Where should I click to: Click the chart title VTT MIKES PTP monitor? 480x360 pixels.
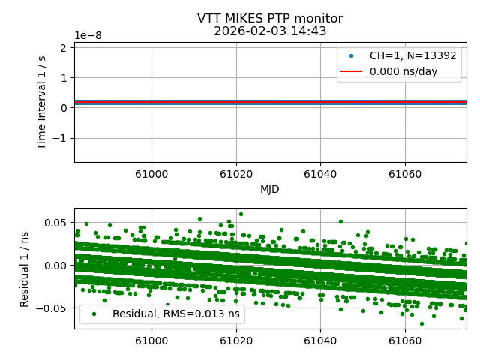pyautogui.click(x=270, y=19)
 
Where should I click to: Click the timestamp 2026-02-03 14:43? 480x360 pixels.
pyautogui.click(x=270, y=31)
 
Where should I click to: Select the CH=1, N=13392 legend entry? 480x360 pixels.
pyautogui.click(x=409, y=56)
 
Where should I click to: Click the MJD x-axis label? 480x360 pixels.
pyautogui.click(x=270, y=189)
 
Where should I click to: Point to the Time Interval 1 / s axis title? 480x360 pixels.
pyautogui.click(x=43, y=102)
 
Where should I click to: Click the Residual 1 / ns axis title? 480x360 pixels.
pyautogui.click(x=25, y=268)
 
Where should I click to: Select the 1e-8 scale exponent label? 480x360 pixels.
pyautogui.click(x=89, y=36)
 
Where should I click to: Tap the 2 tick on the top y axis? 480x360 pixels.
pyautogui.click(x=65, y=47)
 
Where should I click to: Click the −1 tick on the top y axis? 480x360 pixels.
pyautogui.click(x=62, y=138)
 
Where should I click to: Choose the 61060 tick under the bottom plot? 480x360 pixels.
pyautogui.click(x=405, y=340)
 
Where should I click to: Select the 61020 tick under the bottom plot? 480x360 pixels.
pyautogui.click(x=236, y=340)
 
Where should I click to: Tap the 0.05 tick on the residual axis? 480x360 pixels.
pyautogui.click(x=58, y=222)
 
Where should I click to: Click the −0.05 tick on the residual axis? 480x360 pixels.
pyautogui.click(x=55, y=307)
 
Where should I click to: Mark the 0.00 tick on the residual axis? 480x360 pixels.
pyautogui.click(x=58, y=265)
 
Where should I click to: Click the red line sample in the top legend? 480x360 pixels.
pyautogui.click(x=351, y=72)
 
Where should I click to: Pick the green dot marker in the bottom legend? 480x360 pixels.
pyautogui.click(x=93, y=314)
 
